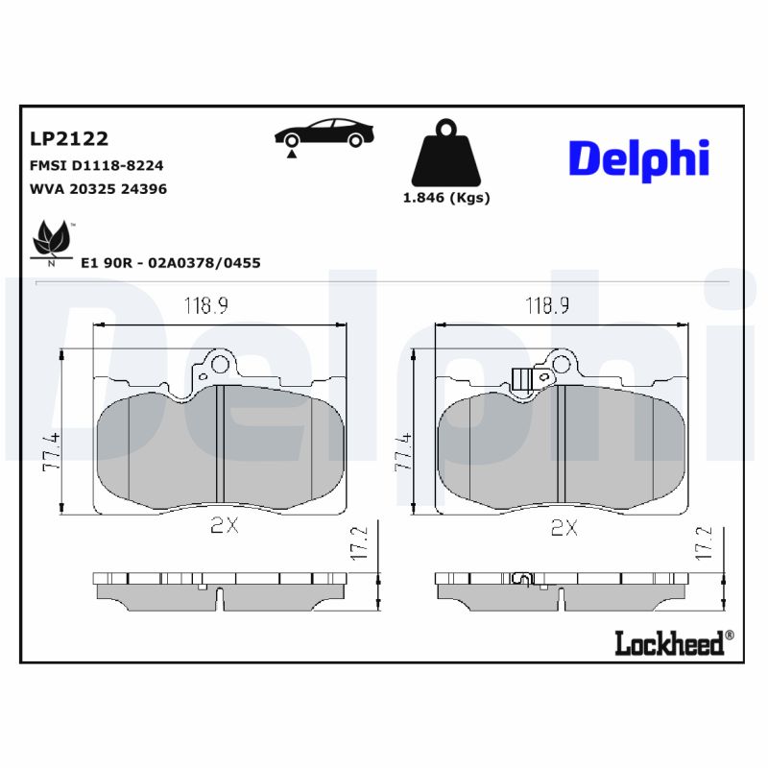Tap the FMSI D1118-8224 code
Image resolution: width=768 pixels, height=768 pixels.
click(x=96, y=165)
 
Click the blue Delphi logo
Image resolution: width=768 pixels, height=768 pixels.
click(x=638, y=157)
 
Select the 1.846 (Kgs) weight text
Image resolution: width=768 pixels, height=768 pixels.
click(x=445, y=198)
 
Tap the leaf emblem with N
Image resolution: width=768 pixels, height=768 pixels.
click(x=52, y=240)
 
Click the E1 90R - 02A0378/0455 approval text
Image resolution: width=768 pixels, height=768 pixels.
click(x=171, y=262)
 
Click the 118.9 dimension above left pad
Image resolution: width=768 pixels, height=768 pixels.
click(x=205, y=306)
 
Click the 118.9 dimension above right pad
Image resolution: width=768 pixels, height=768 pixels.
click(x=547, y=306)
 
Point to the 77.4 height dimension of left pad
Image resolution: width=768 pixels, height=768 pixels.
click(x=52, y=451)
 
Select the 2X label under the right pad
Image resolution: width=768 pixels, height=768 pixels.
click(x=564, y=526)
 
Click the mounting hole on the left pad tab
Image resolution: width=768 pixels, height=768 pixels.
click(x=221, y=365)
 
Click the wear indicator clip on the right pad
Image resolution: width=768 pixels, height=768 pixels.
click(x=521, y=381)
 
